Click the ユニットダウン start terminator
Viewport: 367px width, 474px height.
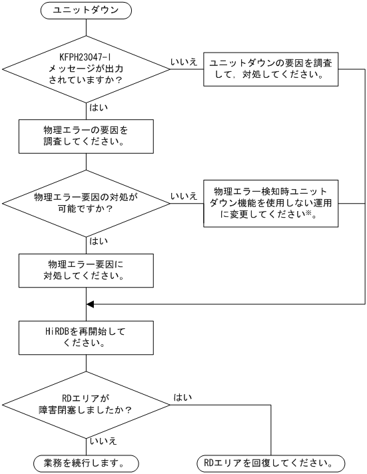87,11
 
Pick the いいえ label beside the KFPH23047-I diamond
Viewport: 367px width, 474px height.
183,61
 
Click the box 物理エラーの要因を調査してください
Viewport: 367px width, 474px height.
87,136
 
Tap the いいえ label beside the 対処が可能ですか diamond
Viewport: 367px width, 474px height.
183,196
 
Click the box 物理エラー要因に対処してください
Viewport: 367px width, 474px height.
87,269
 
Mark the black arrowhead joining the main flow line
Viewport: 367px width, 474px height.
91,304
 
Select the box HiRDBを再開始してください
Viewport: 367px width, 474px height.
87,336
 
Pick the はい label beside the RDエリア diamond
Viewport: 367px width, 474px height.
183,397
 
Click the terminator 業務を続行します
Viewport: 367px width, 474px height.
87,462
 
